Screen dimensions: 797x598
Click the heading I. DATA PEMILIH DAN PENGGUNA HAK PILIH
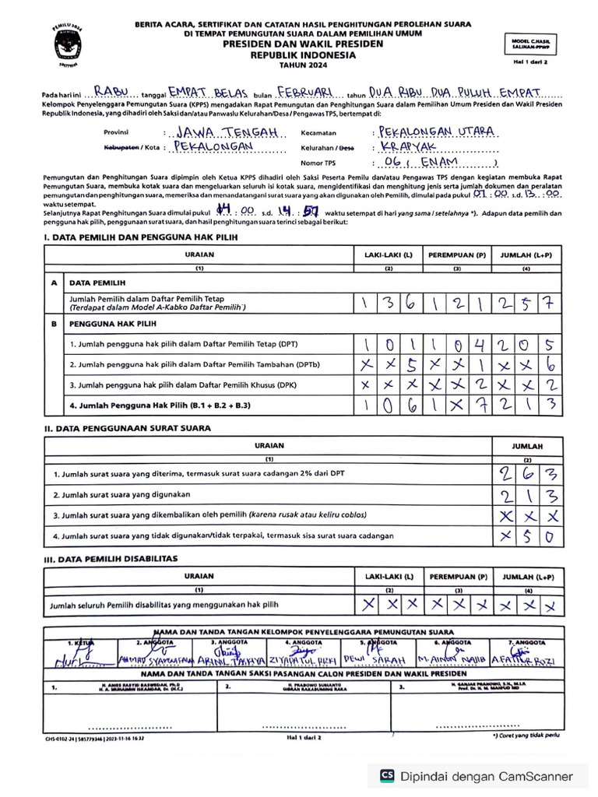(140, 237)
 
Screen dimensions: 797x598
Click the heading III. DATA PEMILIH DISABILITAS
(111, 558)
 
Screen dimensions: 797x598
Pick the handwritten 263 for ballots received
(527, 472)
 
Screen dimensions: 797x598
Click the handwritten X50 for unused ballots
(527, 535)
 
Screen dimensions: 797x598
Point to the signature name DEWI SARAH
(384, 660)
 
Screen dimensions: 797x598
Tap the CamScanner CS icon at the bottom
(386, 775)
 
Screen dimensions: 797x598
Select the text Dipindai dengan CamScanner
(487, 776)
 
